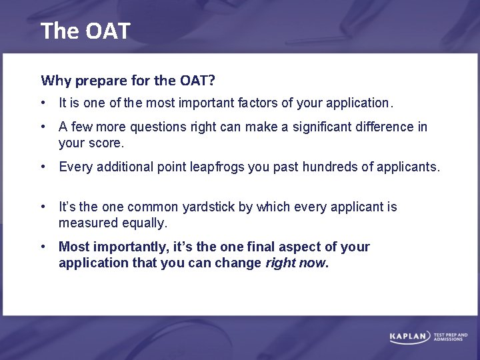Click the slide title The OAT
pyautogui.click(x=85, y=31)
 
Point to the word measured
pyautogui.click(x=85, y=223)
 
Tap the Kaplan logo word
pyautogui.click(x=409, y=337)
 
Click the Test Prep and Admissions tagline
pyautogui.click(x=451, y=337)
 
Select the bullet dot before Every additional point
pyautogui.click(x=43, y=167)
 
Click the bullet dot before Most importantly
pyautogui.click(x=43, y=247)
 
